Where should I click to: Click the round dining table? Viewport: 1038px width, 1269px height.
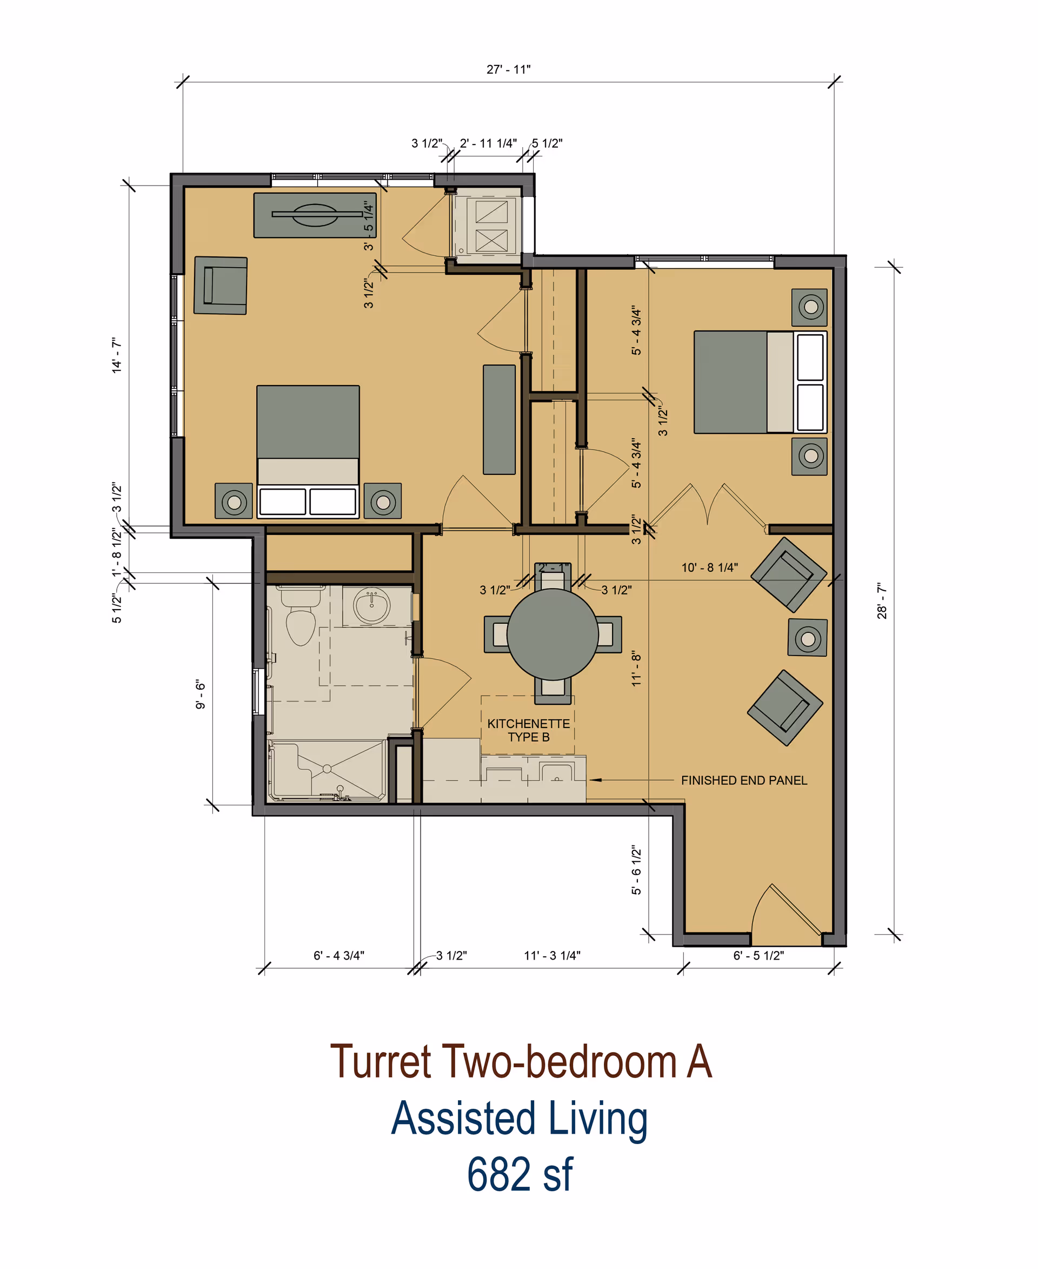(x=553, y=634)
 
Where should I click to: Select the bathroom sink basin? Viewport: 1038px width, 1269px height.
(x=372, y=605)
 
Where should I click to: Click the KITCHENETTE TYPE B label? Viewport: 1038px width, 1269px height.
(x=529, y=730)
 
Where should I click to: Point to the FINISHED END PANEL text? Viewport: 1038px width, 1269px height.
(x=744, y=780)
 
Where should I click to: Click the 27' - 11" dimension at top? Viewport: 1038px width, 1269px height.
(x=508, y=69)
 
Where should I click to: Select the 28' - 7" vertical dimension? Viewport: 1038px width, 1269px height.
(x=882, y=601)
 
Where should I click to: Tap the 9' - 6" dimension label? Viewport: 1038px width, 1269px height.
(x=201, y=694)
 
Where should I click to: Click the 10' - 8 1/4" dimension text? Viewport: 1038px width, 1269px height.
(x=710, y=567)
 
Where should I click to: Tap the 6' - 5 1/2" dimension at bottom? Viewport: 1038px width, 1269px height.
(x=758, y=955)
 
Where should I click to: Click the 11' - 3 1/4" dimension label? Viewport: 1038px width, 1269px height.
(x=552, y=955)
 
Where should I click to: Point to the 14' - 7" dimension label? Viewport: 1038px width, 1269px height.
(x=117, y=355)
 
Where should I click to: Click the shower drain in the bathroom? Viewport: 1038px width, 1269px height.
(x=327, y=768)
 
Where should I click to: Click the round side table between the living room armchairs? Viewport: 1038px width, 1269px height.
(x=808, y=638)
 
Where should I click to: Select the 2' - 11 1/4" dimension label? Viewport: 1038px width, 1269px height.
(x=488, y=143)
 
